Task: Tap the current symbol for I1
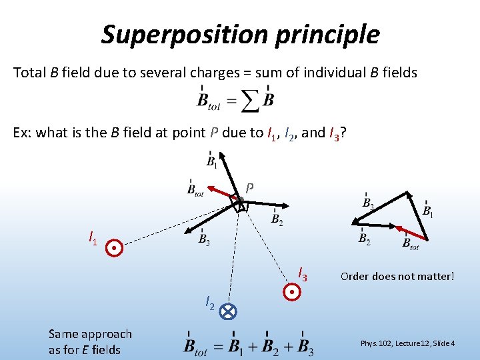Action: pos(115,248)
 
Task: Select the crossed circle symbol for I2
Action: pos(228,311)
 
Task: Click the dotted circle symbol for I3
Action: pos(292,291)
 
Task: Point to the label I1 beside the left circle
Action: pos(93,237)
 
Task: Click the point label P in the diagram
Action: pos(249,188)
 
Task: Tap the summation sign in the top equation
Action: pos(249,101)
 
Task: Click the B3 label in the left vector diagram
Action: pos(205,239)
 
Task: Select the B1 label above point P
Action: pos(211,161)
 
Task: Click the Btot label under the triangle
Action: pos(411,244)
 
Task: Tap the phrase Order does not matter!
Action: pos(397,275)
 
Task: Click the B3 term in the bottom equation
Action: pos(305,346)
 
